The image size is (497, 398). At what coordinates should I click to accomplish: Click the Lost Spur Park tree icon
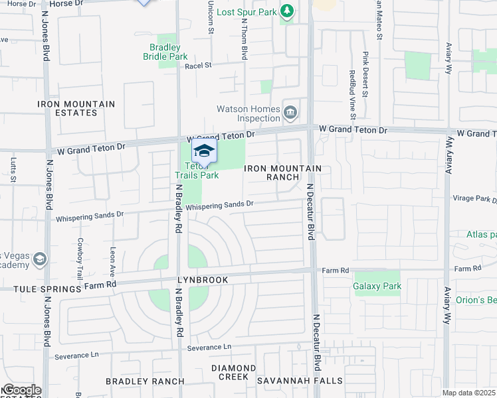287,11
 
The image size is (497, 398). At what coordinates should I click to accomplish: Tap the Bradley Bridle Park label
165,52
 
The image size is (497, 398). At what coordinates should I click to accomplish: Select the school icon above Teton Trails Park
205,151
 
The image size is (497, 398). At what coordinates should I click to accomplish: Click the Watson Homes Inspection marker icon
290,113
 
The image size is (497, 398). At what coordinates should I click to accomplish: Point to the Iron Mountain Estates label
76,108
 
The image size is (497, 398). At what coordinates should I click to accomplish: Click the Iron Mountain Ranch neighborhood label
283,172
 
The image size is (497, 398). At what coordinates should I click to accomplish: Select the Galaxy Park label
377,286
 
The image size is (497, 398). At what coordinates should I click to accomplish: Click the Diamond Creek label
233,372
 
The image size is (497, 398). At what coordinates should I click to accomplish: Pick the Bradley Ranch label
145,381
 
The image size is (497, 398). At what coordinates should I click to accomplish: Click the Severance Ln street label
209,348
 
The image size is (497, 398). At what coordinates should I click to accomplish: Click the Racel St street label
198,66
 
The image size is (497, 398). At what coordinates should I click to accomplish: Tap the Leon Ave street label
112,262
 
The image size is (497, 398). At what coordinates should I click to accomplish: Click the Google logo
21,390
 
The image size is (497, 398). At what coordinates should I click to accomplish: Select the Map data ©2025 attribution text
468,393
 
